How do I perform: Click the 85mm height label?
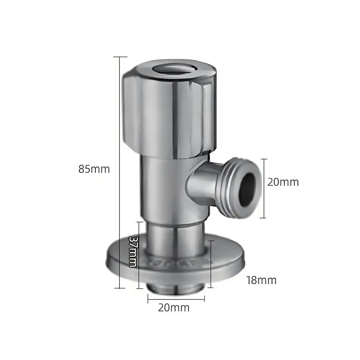pyautogui.click(x=94, y=169)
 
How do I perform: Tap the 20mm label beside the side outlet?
pyautogui.click(x=283, y=182)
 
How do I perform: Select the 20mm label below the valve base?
pyautogui.click(x=173, y=308)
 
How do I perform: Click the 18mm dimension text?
pyautogui.click(x=261, y=280)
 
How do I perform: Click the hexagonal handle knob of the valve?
pyautogui.click(x=170, y=112)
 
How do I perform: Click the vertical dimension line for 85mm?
pyautogui.click(x=120, y=171)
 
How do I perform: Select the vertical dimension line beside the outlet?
pyautogui.click(x=264, y=188)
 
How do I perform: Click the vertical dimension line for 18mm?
pyautogui.click(x=211, y=263)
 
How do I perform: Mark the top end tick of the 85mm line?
pyautogui.click(x=120, y=57)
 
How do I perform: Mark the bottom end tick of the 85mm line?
pyautogui.click(x=120, y=288)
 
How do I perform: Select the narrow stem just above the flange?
pyautogui.click(x=173, y=238)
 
